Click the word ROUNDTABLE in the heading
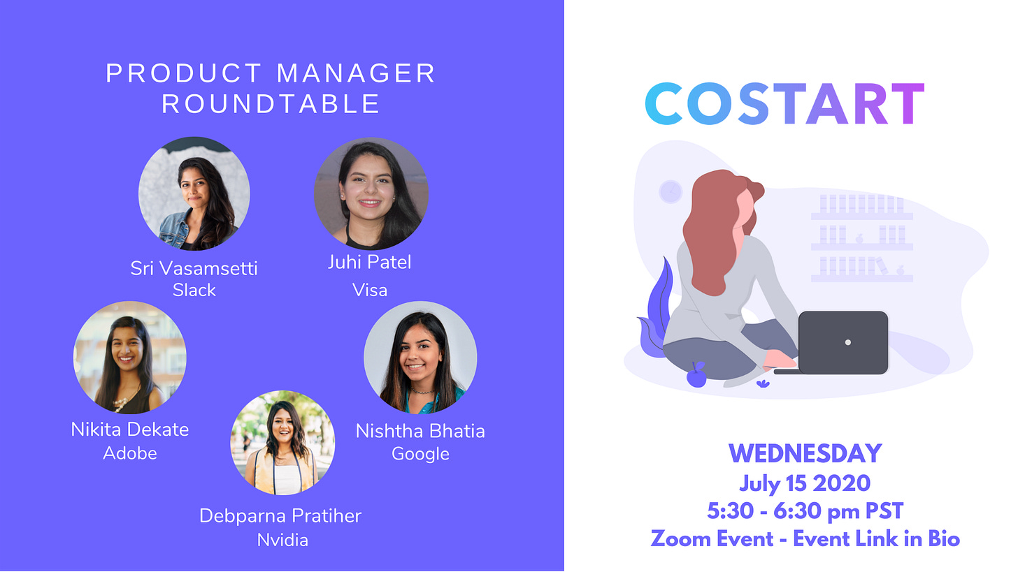271,103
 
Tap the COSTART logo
785,103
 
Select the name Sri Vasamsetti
194,268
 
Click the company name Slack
194,290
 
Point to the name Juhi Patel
369,262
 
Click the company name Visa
369,290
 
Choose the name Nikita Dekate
130,430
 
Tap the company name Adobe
130,453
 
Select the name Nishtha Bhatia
420,431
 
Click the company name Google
420,454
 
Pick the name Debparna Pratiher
280,515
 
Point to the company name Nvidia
282,541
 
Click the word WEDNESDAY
805,453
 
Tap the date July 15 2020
805,483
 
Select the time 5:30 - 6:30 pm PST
805,511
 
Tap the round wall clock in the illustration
671,191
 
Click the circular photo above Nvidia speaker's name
282,443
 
